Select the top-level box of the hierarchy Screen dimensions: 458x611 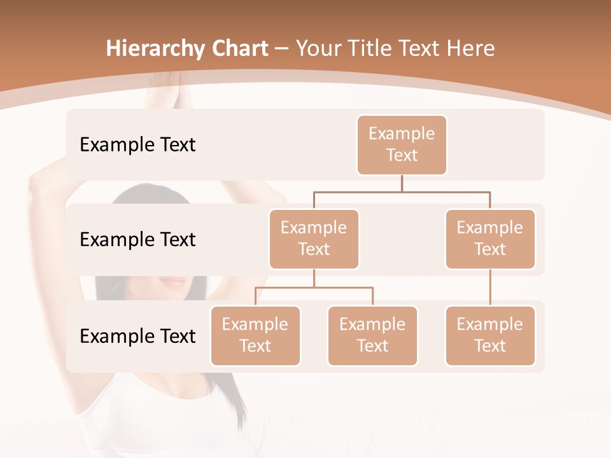[402, 144]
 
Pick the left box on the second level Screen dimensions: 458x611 [314, 239]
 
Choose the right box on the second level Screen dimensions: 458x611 [490, 239]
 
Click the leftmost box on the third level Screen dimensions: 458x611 [255, 335]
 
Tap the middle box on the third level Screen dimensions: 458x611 [372, 335]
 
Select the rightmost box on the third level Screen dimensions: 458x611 [490, 335]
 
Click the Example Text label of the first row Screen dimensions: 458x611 [137, 145]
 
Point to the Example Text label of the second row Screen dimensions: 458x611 [137, 240]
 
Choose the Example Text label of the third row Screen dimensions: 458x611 [137, 337]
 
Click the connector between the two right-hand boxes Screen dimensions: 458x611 [490, 288]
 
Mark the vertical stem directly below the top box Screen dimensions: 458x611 [402, 183]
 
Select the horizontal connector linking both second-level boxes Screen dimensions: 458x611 [402, 191]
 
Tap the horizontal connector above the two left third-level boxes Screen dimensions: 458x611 [314, 288]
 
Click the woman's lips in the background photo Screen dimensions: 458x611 [172, 281]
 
